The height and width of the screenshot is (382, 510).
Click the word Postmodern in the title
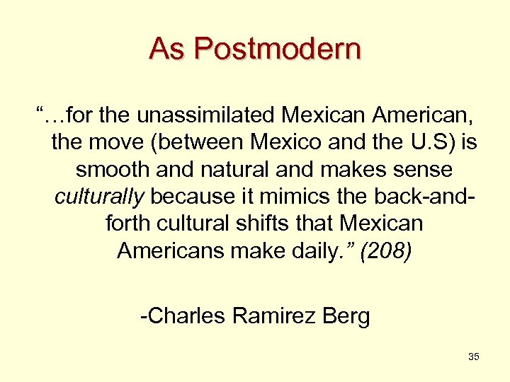(277, 50)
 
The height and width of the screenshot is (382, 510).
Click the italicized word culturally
(100, 197)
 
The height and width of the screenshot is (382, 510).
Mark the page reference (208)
(385, 251)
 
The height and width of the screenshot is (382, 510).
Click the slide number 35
(474, 357)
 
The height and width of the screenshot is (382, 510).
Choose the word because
(192, 197)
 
